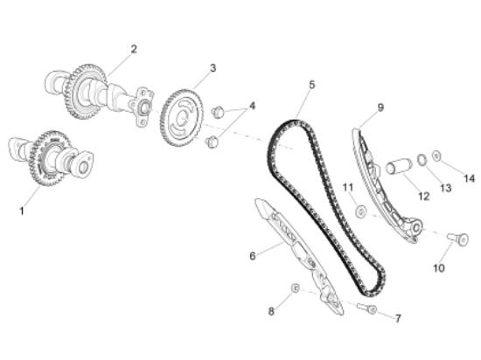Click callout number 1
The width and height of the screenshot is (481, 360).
coord(22,211)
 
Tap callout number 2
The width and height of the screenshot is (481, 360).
coord(134,49)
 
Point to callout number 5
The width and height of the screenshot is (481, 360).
coord(311,85)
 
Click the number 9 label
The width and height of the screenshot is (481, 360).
coord(380,107)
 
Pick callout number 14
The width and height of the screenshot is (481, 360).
coord(469,178)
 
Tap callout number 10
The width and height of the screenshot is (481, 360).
coord(439,268)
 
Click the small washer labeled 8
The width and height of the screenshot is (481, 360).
coord(295,288)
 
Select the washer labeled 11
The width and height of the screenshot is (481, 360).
coord(360,211)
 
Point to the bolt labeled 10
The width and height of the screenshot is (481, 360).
coord(458,239)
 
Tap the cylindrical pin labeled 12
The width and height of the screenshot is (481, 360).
coord(398,166)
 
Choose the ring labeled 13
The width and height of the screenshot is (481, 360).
coord(422,159)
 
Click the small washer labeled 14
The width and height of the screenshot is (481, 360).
coord(436,156)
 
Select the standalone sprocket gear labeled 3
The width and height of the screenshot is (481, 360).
coord(181,118)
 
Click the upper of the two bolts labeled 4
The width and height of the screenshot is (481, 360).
coord(218,112)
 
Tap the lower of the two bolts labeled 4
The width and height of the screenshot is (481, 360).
coord(213,142)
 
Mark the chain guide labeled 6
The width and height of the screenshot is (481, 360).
coord(299,256)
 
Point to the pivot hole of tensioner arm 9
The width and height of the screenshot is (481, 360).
coord(416,228)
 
